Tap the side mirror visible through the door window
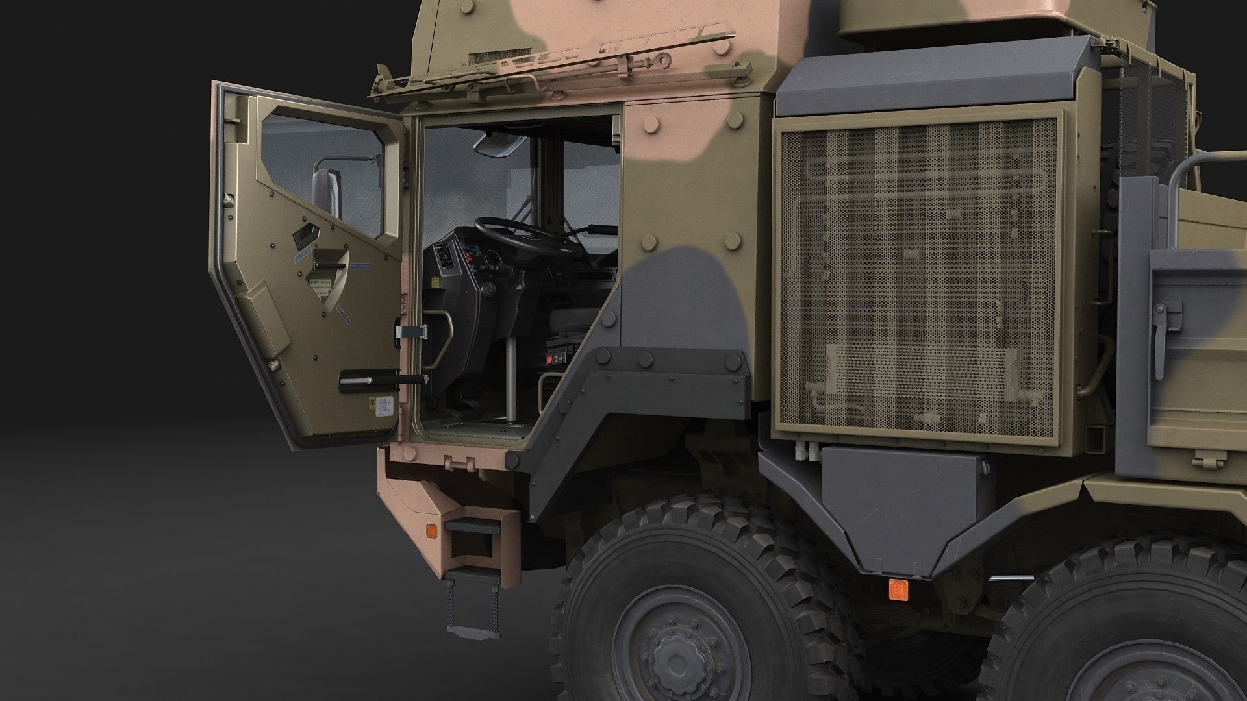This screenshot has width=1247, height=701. tap(328, 195)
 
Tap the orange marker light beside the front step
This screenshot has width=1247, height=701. tap(430, 513)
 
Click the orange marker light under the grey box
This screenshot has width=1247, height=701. tap(898, 589)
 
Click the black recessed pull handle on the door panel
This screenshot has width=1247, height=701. tap(304, 238)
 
